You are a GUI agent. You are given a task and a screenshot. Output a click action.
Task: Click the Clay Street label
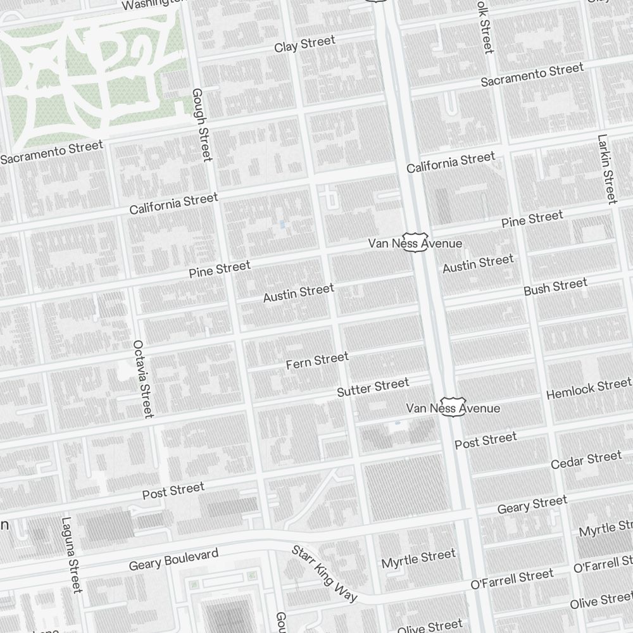click(x=304, y=44)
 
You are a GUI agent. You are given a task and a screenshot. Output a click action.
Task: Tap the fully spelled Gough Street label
click(x=201, y=125)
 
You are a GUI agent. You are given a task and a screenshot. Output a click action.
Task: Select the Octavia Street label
click(x=143, y=379)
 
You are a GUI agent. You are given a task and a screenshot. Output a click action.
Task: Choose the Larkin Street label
click(x=606, y=169)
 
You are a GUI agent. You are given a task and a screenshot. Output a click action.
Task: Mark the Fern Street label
click(x=317, y=361)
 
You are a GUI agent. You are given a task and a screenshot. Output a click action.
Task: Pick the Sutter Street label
click(x=373, y=387)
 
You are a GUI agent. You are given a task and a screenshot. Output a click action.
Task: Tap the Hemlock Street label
click(x=588, y=389)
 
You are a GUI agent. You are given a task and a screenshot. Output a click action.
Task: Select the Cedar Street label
click(x=586, y=460)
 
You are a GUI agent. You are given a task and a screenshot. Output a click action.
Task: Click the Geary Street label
click(x=532, y=505)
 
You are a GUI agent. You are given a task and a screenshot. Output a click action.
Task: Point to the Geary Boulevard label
click(x=173, y=560)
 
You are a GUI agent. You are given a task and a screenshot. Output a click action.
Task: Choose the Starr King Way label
click(x=324, y=573)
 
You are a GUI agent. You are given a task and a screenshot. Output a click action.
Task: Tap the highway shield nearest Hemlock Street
click(x=453, y=407)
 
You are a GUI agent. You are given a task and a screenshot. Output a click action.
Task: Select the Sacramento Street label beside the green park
click(x=51, y=153)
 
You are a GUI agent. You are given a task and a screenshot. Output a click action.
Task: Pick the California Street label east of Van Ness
click(x=451, y=163)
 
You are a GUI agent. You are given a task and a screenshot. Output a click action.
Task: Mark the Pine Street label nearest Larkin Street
click(x=532, y=220)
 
